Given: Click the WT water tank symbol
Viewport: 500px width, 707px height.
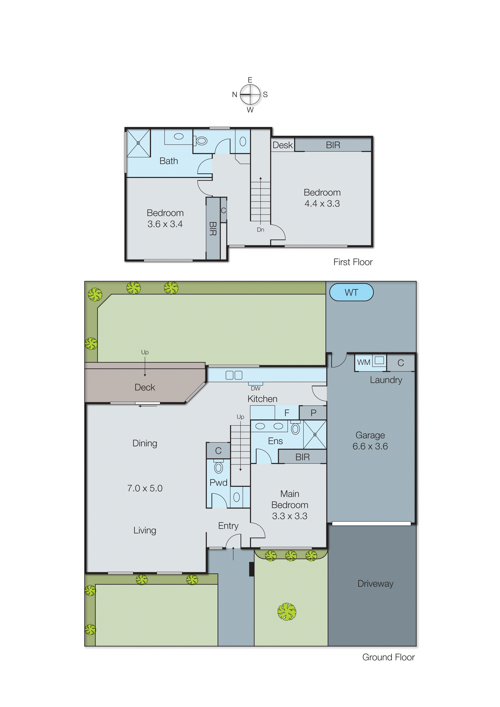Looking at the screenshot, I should click(x=351, y=292).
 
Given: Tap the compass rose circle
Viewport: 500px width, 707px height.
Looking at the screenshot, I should click(x=250, y=94).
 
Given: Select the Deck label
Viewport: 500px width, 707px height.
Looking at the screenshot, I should click(x=145, y=387).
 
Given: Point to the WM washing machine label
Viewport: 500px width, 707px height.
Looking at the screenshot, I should click(x=364, y=362).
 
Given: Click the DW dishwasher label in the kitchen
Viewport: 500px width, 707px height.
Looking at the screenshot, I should click(x=255, y=388).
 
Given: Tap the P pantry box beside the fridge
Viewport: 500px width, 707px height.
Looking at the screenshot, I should click(x=313, y=413).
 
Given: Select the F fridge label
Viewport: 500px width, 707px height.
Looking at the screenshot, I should click(x=287, y=413).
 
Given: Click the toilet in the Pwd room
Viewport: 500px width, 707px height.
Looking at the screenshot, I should click(x=218, y=467).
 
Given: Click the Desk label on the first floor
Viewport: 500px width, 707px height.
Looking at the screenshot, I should click(x=282, y=145).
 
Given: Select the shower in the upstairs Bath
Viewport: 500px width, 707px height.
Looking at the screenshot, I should click(x=138, y=143).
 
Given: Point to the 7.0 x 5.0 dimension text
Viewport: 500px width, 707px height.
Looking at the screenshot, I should click(x=145, y=488).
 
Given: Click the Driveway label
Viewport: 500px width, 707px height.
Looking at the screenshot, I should click(x=375, y=584).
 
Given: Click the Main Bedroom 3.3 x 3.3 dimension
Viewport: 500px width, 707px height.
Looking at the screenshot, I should click(x=290, y=516).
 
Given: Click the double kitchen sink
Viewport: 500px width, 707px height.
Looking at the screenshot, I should click(x=234, y=375).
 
